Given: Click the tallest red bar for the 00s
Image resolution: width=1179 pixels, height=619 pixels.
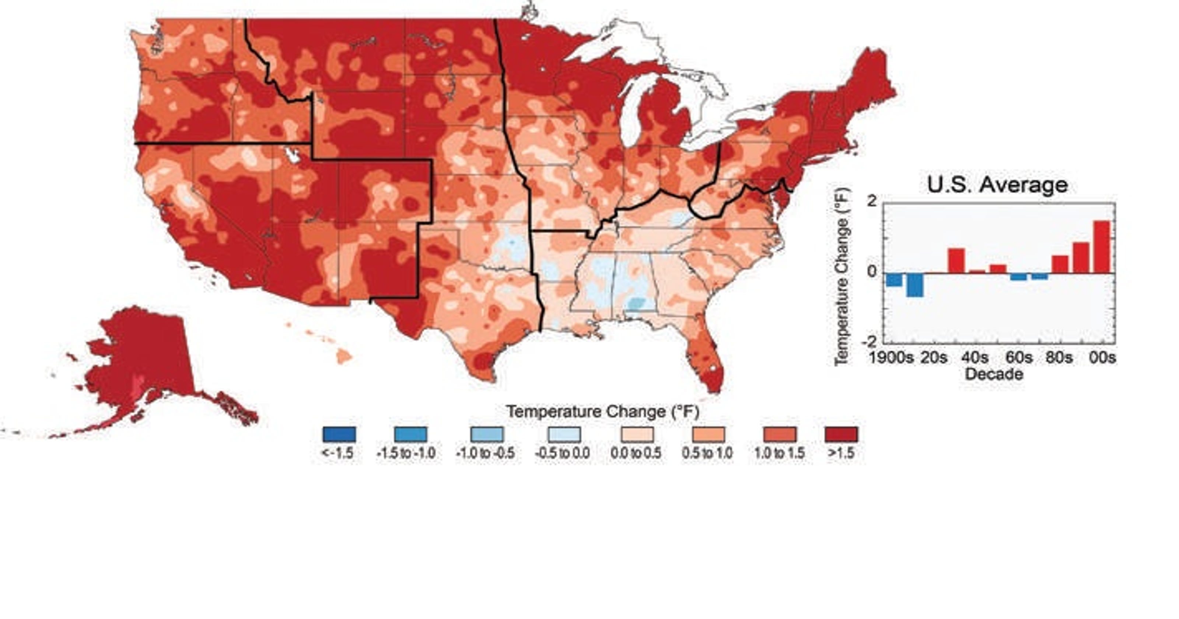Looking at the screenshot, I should pos(1101,247).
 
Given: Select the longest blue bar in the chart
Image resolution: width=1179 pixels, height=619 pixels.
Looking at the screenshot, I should pos(915,285).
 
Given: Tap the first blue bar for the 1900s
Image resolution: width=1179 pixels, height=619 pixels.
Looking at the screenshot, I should pos(894,279).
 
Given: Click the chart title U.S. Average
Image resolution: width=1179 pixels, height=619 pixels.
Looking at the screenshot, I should pos(997,185).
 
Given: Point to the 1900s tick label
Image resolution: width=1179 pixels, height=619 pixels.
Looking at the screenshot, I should pos(890,357).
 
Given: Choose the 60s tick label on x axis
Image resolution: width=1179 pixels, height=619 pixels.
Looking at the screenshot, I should pos(1018,357).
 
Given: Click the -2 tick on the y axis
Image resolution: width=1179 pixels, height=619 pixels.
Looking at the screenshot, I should pos(870,341).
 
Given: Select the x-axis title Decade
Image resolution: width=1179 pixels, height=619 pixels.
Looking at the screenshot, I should pos(994,374).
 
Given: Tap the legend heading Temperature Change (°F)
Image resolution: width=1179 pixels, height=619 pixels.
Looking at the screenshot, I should pos(602,412).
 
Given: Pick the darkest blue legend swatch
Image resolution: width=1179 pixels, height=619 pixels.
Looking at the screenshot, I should pos(339,434).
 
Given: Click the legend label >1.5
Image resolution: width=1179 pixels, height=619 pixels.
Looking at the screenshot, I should pos(841,453).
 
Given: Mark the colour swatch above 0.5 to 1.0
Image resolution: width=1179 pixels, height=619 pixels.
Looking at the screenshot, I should pos(708,434).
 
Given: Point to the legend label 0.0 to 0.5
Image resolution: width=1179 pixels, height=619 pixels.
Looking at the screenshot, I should pos(636,453).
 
